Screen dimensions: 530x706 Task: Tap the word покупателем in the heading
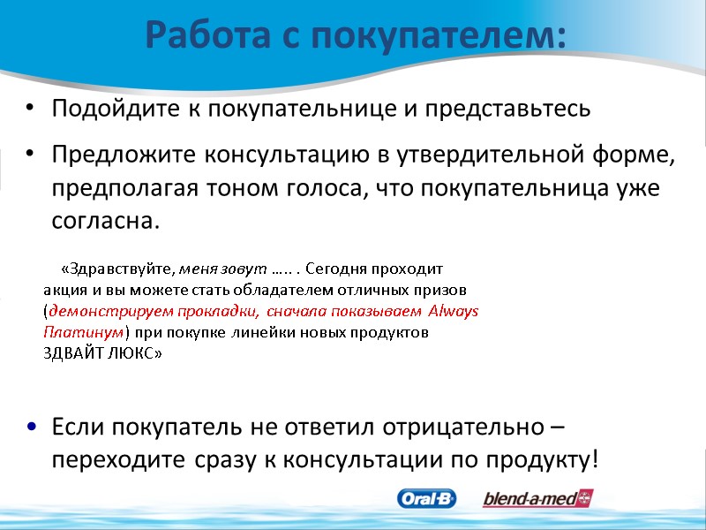(x=445, y=36)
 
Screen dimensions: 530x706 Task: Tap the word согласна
(x=103, y=221)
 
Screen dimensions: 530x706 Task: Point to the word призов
(x=445, y=289)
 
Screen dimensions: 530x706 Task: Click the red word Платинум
(x=84, y=332)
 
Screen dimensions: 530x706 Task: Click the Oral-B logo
(x=427, y=498)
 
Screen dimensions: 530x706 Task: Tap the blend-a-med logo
(x=537, y=498)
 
